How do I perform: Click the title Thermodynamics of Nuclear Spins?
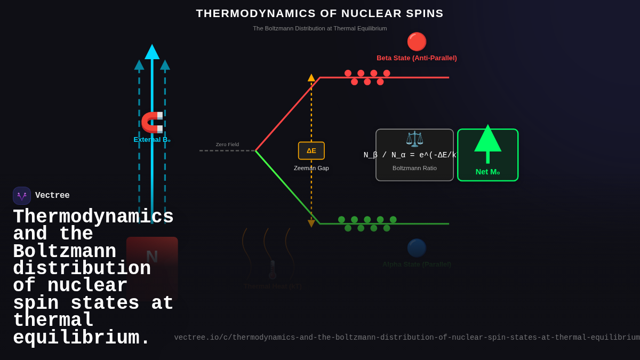point(319,13)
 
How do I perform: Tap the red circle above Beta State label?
point(417,42)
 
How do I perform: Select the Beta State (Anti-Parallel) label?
point(417,58)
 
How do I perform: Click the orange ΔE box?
point(311,150)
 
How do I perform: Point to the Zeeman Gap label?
point(311,168)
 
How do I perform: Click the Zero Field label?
point(227,145)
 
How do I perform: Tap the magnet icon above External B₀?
point(152,122)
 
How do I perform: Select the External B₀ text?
point(152,139)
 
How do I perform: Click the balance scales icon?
point(414,139)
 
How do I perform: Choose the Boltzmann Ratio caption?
point(414,168)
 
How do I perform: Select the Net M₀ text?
point(487,172)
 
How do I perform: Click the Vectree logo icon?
point(22,196)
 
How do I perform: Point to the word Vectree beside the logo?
point(52,196)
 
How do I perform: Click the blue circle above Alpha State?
point(417,248)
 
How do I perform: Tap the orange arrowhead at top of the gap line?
point(311,78)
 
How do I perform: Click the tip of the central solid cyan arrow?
point(152,48)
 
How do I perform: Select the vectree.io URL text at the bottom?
point(406,338)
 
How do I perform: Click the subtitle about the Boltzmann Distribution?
point(319,28)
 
